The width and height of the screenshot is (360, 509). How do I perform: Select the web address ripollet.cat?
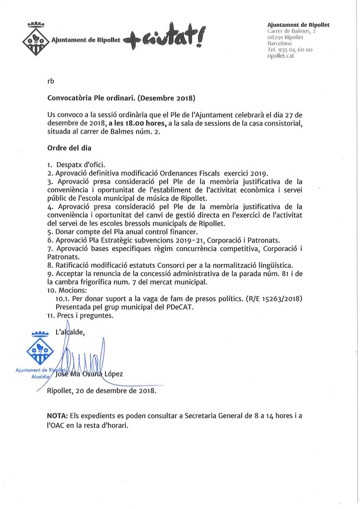[x=281, y=56]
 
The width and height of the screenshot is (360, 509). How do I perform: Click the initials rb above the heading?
[x=51, y=81]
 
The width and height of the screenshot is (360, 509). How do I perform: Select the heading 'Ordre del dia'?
[x=69, y=148]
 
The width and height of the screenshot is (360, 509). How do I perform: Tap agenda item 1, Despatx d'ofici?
[x=77, y=165]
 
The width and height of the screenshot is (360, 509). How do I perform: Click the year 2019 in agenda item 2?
[x=257, y=173]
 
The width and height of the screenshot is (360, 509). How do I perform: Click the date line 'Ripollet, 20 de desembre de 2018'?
[x=101, y=391]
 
